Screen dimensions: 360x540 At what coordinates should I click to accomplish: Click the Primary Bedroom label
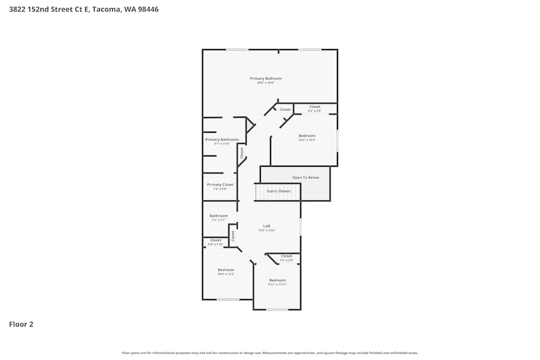265,78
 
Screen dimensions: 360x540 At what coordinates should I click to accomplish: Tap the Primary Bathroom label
222,139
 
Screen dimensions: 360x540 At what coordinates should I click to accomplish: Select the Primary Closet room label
220,185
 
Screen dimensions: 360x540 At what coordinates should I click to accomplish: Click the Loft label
267,226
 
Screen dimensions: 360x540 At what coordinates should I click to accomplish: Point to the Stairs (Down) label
279,191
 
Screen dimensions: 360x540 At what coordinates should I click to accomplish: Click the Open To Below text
306,178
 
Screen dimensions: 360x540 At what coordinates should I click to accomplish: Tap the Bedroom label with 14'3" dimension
307,135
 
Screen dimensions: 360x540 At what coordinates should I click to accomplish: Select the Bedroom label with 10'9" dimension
226,270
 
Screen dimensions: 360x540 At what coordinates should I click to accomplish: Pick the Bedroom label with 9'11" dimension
277,280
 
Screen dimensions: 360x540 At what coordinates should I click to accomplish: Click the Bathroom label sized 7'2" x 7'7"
219,216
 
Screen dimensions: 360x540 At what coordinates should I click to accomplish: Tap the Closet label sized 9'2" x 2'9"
315,107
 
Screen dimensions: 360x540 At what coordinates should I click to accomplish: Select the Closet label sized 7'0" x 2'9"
287,256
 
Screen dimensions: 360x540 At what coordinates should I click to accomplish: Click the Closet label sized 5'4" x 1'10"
215,240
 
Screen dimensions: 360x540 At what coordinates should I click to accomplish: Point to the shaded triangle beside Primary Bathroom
249,126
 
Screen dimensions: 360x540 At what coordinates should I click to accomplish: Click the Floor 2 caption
21,324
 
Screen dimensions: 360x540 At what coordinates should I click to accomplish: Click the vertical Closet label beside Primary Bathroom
241,153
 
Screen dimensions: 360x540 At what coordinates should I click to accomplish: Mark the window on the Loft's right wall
301,227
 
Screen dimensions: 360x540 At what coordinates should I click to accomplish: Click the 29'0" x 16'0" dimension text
265,83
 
